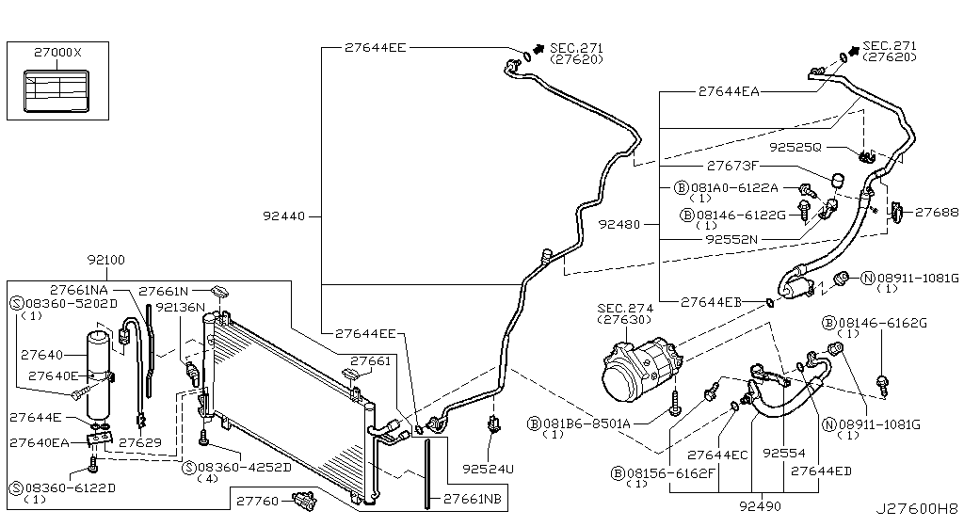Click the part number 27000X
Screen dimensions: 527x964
pyautogui.click(x=58, y=53)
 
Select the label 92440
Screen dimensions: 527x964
pyautogui.click(x=287, y=216)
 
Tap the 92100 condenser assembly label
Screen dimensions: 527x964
pyautogui.click(x=105, y=259)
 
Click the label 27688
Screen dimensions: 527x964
pyautogui.click(x=936, y=212)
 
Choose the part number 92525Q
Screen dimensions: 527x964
pyautogui.click(x=795, y=148)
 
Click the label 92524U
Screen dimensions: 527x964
pyautogui.click(x=489, y=465)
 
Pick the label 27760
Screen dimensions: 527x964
pyautogui.click(x=255, y=502)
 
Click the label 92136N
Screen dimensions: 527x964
pyautogui.click(x=181, y=307)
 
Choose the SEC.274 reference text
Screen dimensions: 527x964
pyautogui.click(x=619, y=307)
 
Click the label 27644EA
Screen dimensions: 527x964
pyautogui.click(x=729, y=92)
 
